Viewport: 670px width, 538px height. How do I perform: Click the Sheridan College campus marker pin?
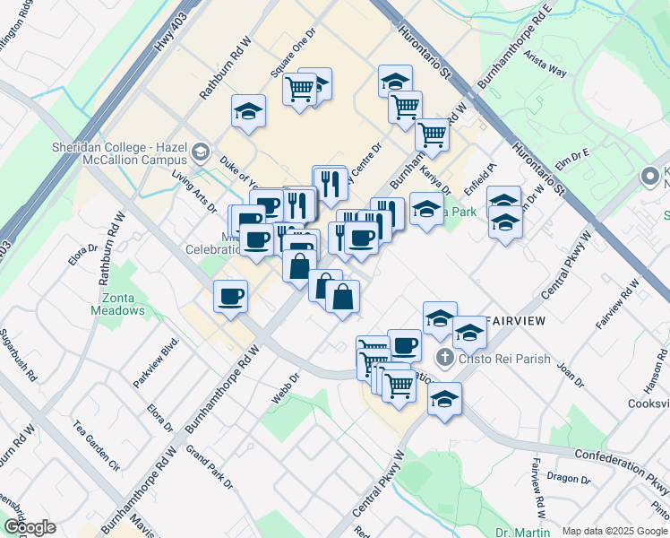tap(202, 152)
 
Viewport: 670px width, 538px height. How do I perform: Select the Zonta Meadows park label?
tap(117, 301)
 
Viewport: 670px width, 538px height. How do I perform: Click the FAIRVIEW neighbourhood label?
tap(513, 319)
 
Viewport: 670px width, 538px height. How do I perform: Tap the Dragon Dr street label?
tap(568, 478)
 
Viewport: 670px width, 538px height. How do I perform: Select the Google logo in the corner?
tap(30, 527)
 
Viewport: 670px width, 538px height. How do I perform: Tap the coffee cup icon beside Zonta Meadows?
tap(231, 295)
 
